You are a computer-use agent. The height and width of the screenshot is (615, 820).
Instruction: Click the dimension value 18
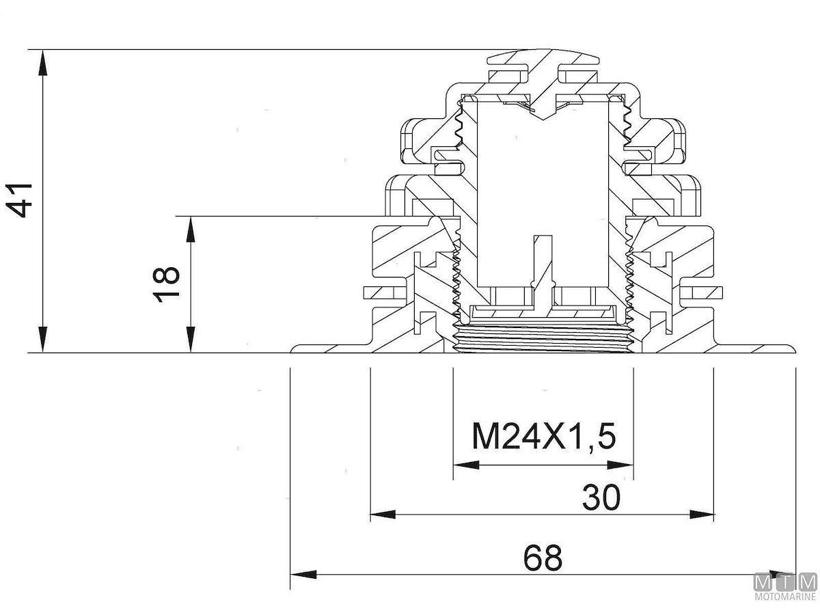click(x=167, y=284)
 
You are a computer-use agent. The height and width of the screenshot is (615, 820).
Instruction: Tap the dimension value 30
click(x=601, y=497)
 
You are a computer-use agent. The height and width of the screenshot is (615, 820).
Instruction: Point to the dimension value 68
click(x=543, y=558)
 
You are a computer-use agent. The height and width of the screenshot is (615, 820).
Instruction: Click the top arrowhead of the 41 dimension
click(x=43, y=62)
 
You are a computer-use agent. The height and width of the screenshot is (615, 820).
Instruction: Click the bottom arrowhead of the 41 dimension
click(x=43, y=339)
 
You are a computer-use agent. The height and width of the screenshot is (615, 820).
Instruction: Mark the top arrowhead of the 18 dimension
click(x=191, y=230)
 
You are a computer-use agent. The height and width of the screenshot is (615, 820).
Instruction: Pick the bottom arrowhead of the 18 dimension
click(x=191, y=339)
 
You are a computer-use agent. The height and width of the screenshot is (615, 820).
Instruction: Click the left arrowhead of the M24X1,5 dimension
click(x=466, y=465)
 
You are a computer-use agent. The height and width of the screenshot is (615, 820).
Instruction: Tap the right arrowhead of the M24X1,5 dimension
click(x=620, y=465)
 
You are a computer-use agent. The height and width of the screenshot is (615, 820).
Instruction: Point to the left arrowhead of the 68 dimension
click(x=303, y=575)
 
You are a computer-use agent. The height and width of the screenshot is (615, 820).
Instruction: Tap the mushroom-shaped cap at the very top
click(x=544, y=59)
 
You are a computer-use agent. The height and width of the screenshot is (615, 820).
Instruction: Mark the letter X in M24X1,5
click(x=552, y=436)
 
